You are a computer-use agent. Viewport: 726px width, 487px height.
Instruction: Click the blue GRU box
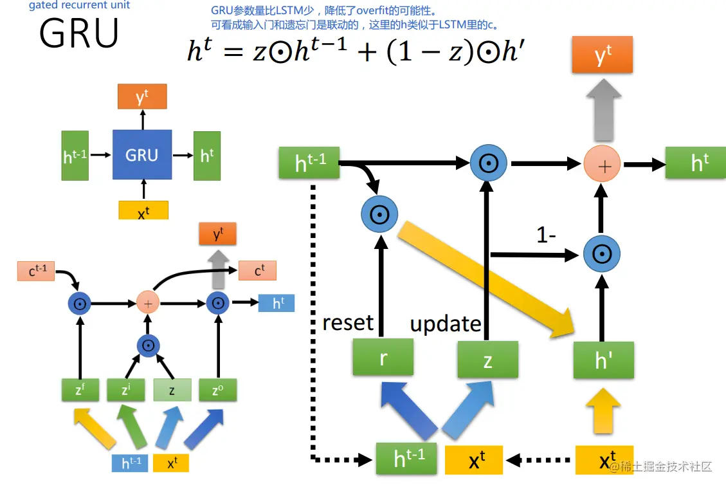point(142,154)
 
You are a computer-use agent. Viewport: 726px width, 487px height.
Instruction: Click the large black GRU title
point(79,33)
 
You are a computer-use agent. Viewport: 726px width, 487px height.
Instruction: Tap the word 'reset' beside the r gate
point(348,322)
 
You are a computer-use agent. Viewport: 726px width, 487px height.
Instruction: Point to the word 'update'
point(446,324)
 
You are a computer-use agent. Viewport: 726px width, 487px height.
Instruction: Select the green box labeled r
point(383,357)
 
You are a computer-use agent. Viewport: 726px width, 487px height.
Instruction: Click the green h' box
point(603,360)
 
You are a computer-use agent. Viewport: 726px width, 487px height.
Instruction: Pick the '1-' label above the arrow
point(546,235)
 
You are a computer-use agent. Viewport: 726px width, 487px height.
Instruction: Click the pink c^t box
point(257,271)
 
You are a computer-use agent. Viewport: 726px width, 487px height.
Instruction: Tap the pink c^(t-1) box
point(36,271)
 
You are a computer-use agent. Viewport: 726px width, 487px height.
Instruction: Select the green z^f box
point(80,390)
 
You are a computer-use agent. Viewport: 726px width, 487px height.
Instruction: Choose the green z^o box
point(217,390)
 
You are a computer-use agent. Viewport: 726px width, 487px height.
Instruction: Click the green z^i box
point(125,390)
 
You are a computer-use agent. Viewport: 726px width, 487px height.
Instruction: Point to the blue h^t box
point(277,303)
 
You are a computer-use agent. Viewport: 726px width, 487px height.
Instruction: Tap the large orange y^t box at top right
point(603,55)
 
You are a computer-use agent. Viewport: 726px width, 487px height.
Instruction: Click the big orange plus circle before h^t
point(602,164)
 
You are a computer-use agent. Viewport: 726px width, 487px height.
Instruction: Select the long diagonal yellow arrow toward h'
point(486,279)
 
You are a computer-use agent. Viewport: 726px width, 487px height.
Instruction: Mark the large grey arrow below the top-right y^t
point(604,109)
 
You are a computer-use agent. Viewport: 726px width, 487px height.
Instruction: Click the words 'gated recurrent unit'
point(79,5)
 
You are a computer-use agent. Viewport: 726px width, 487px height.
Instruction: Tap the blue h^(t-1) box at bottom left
point(130,463)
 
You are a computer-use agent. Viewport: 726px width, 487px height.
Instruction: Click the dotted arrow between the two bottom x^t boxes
point(538,460)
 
